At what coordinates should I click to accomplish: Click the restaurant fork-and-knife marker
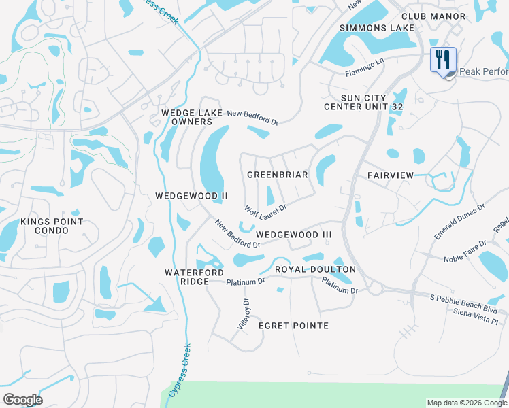pos(443,59)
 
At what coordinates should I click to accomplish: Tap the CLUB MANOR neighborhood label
pos(433,16)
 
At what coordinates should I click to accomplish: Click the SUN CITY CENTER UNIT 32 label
pos(363,102)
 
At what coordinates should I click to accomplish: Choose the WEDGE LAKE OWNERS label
pos(186,117)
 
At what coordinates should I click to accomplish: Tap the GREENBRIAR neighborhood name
pos(277,175)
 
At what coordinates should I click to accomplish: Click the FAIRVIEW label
pos(391,175)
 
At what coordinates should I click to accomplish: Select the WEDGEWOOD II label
pos(191,196)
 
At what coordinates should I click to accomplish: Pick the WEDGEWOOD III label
pos(293,235)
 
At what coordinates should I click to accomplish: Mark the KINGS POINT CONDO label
pos(52,226)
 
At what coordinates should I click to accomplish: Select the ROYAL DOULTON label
pos(315,269)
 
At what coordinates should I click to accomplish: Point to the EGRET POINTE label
pos(293,326)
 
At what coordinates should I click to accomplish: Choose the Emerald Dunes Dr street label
pos(459,221)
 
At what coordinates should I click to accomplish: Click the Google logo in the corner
pos(22,400)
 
